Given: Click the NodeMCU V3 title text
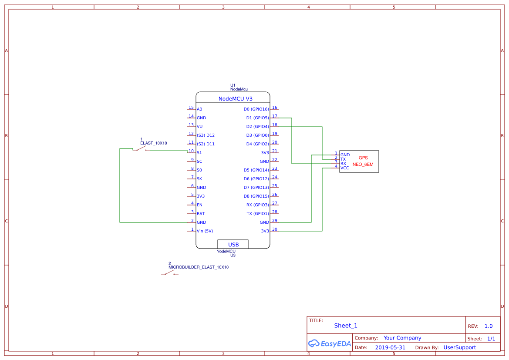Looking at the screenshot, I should pyautogui.click(x=235, y=99).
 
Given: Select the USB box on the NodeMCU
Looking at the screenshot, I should pyautogui.click(x=233, y=244).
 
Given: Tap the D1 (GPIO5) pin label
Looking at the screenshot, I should pyautogui.click(x=257, y=118).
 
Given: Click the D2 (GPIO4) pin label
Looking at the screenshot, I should pyautogui.click(x=257, y=127).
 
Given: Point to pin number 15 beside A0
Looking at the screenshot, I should pyautogui.click(x=191, y=108).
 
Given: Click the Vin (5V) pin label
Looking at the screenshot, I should pyautogui.click(x=205, y=231).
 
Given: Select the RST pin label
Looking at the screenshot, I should pyautogui.click(x=201, y=214).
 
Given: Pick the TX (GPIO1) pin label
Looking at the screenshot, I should pyautogui.click(x=258, y=214).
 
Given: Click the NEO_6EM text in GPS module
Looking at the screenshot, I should pyautogui.click(x=363, y=165).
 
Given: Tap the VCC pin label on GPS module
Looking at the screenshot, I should pyautogui.click(x=345, y=168).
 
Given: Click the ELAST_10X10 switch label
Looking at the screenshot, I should pyautogui.click(x=154, y=143).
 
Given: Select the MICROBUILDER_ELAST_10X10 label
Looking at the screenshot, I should pyautogui.click(x=199, y=267).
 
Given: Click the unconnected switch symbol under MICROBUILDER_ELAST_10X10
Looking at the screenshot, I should pyautogui.click(x=170, y=274).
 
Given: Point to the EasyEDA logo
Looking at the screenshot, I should pyautogui.click(x=330, y=343).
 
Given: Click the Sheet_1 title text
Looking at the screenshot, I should pyautogui.click(x=346, y=326).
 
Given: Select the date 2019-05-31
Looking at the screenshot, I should pyautogui.click(x=390, y=347).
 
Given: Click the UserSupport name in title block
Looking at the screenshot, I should pyautogui.click(x=459, y=347).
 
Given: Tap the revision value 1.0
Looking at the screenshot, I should pyautogui.click(x=489, y=326).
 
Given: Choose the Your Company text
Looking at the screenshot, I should pyautogui.click(x=402, y=338).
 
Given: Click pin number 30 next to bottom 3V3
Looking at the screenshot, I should pyautogui.click(x=274, y=229).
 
